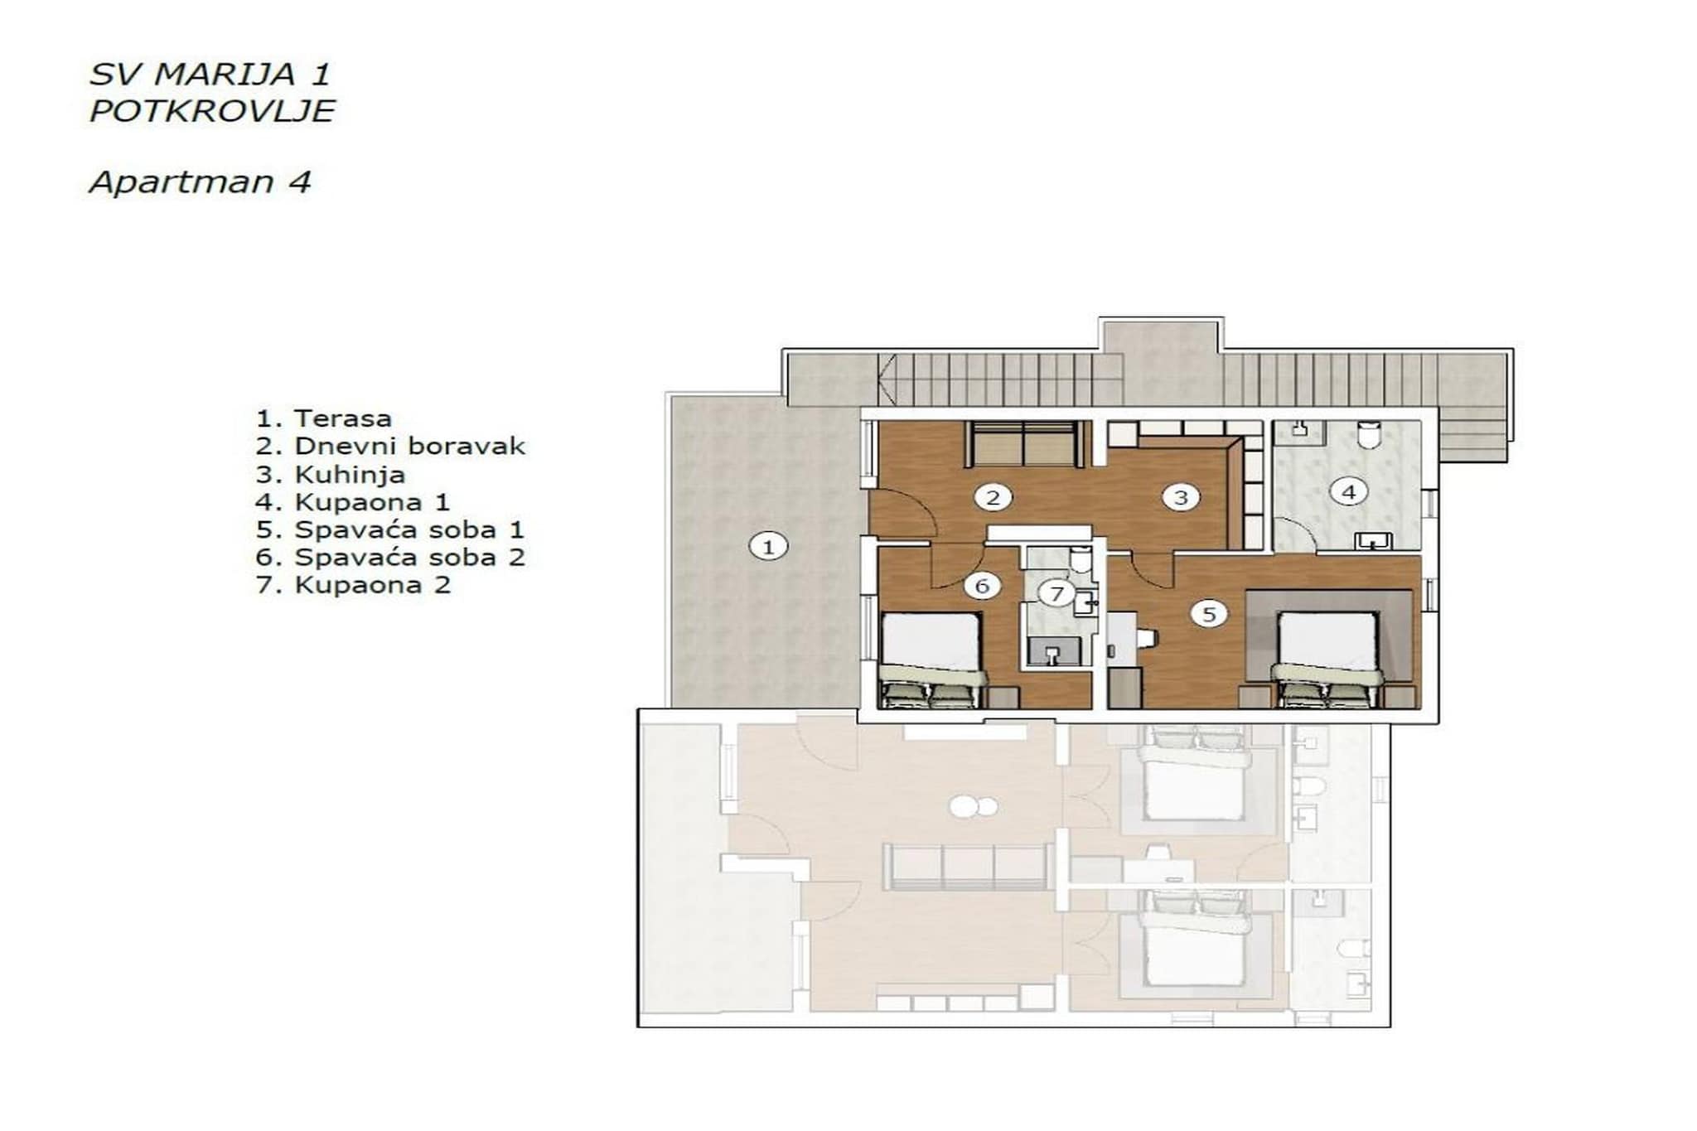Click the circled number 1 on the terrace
click(767, 547)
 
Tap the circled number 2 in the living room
click(992, 497)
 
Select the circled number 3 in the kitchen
click(1180, 497)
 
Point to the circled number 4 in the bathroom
click(1348, 492)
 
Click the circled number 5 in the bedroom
click(1208, 614)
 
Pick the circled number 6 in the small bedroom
click(982, 586)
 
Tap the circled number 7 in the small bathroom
click(1056, 593)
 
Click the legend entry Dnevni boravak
click(390, 447)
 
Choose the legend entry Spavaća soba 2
click(390, 558)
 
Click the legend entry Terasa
click(324, 418)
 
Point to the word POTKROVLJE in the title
click(212, 111)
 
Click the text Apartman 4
click(200, 182)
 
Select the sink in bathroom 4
click(1373, 541)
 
